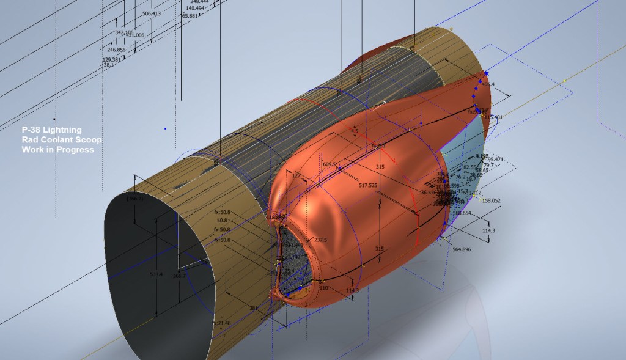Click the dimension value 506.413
point(151,13)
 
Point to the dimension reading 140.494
point(194,8)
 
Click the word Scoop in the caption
point(89,140)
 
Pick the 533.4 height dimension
point(156,274)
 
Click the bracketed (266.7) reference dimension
point(134,199)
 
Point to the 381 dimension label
point(254,308)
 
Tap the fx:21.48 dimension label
point(221,323)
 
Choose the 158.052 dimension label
point(491,200)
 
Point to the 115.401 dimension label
point(493,117)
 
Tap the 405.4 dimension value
point(488,84)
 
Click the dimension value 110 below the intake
point(324,287)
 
